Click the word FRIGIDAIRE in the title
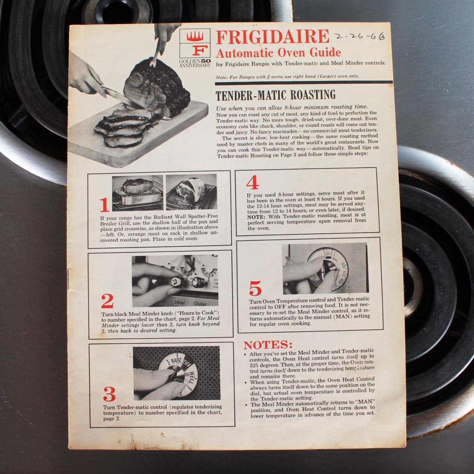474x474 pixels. coord(272,37)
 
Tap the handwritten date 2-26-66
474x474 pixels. coord(359,37)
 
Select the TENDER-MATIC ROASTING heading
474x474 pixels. coord(275,95)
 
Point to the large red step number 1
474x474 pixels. coord(104,205)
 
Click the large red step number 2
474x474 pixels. coord(107,301)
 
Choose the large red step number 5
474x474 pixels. coord(255,288)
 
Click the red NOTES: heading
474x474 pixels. coord(268,345)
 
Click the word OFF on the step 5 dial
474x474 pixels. coord(328,253)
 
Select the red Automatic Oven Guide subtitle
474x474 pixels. coord(278,53)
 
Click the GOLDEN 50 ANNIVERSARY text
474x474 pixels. coord(194,63)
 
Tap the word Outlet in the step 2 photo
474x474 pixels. coord(200,304)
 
